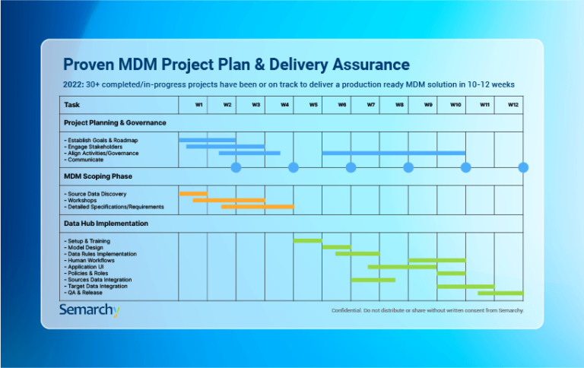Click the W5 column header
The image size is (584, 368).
313,105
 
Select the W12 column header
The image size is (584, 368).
513,105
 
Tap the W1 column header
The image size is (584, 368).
198,105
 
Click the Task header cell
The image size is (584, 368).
72,105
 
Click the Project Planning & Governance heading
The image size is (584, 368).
115,122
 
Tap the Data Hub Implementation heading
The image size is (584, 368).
106,224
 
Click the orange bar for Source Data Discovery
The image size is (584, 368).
192,193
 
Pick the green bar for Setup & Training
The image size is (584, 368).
307,240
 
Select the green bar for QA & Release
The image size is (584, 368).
500,293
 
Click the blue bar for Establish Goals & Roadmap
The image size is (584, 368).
207,140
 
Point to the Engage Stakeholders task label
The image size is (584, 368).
100,147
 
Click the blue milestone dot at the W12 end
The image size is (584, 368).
523,167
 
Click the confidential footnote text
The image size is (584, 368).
427,310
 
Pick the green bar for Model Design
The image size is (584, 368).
336,247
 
